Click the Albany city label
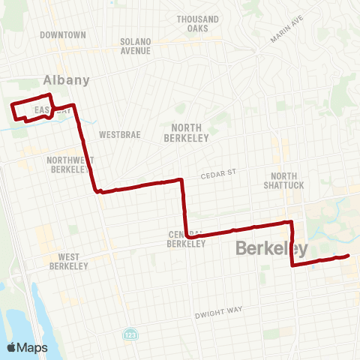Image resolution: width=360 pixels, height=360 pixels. click(x=67, y=80)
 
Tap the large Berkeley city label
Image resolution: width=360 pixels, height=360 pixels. click(x=271, y=248)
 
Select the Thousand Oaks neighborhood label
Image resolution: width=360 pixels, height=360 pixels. click(x=198, y=23)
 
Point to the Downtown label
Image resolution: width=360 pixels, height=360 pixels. click(x=64, y=35)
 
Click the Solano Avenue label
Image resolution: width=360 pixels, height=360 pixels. click(x=136, y=46)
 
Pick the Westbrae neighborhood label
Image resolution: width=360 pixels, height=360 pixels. click(x=117, y=135)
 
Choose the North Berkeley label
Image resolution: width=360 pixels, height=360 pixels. click(x=187, y=133)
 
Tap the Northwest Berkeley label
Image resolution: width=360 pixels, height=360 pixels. click(x=70, y=164)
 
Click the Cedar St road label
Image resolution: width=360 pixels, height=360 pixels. click(x=218, y=172)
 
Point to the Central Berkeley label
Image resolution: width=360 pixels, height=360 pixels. click(x=187, y=238)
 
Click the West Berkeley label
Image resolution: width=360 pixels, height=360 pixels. click(x=69, y=261)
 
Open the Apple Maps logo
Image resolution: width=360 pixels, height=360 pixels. click(x=28, y=347)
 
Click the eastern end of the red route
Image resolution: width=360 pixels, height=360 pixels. click(x=349, y=256)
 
